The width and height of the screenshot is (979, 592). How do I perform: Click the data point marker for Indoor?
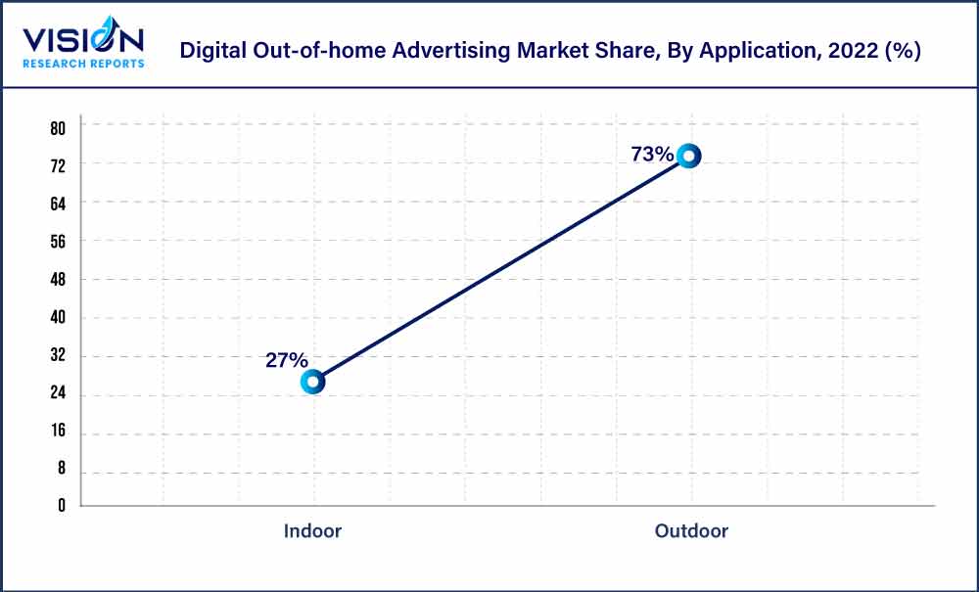click(x=312, y=382)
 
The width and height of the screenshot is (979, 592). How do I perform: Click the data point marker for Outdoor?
click(x=689, y=156)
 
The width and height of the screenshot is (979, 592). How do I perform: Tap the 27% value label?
click(x=287, y=360)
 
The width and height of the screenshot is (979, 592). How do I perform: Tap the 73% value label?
click(x=652, y=154)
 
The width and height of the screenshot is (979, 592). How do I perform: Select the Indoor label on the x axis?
click(x=312, y=531)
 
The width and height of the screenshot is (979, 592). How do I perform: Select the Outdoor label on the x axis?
click(x=691, y=531)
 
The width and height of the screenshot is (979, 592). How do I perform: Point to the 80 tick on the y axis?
click(x=58, y=127)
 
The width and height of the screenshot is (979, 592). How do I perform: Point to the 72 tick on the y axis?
click(x=58, y=165)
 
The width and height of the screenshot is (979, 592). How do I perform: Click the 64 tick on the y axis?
click(x=58, y=204)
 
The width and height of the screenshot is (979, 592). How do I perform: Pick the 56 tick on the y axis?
click(x=58, y=242)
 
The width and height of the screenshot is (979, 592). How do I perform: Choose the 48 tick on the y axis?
click(x=58, y=280)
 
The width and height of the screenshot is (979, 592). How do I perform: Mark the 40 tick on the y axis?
click(x=58, y=318)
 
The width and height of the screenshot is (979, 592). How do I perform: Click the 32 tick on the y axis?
click(x=58, y=356)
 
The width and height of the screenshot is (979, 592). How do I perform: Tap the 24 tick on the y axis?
click(x=58, y=395)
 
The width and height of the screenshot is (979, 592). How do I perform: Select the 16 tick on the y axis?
click(x=58, y=433)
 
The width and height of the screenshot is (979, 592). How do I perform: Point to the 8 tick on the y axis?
click(x=61, y=470)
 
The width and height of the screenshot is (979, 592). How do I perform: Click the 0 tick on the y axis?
click(x=61, y=506)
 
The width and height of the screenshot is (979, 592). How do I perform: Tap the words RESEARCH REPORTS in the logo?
click(x=83, y=63)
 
